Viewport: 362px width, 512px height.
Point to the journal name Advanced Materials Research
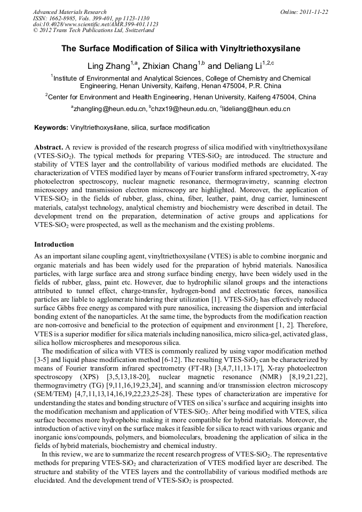(x=69, y=11)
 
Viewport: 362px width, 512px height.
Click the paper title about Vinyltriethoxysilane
(x=180, y=49)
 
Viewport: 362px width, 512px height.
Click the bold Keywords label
(x=51, y=128)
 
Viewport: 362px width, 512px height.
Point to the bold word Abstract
(x=49, y=146)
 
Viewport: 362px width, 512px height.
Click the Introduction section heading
(x=54, y=244)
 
